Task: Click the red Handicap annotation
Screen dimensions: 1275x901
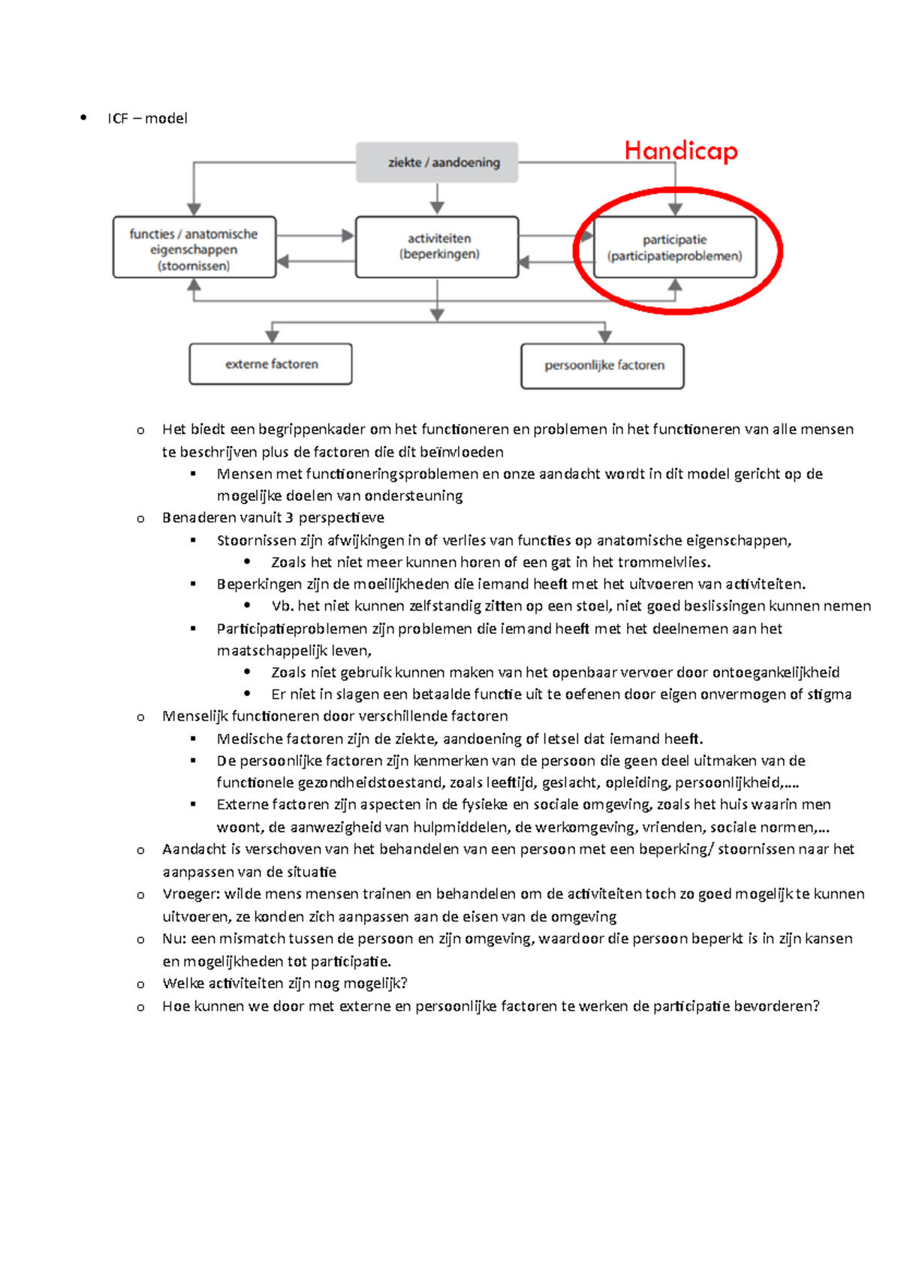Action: click(x=681, y=151)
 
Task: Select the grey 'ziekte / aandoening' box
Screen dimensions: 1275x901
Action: click(x=437, y=162)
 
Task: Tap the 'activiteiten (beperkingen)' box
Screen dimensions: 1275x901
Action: click(x=437, y=247)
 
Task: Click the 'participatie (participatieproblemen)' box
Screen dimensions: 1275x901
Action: click(x=675, y=248)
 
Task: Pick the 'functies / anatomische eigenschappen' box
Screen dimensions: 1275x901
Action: click(x=194, y=248)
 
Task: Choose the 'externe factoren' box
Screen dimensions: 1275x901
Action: click(x=271, y=364)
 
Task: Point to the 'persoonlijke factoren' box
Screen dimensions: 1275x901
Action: click(x=603, y=366)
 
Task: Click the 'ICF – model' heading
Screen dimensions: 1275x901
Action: click(x=147, y=119)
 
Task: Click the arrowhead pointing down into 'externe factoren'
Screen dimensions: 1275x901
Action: click(x=273, y=336)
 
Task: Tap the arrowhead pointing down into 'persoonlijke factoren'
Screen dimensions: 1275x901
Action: click(x=605, y=336)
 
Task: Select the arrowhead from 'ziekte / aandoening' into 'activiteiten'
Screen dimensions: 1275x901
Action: click(x=437, y=208)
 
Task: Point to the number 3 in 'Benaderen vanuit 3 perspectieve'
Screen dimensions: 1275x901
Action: click(x=289, y=517)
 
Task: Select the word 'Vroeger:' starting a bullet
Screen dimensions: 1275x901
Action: click(x=191, y=894)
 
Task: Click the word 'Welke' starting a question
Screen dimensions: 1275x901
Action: click(x=183, y=984)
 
